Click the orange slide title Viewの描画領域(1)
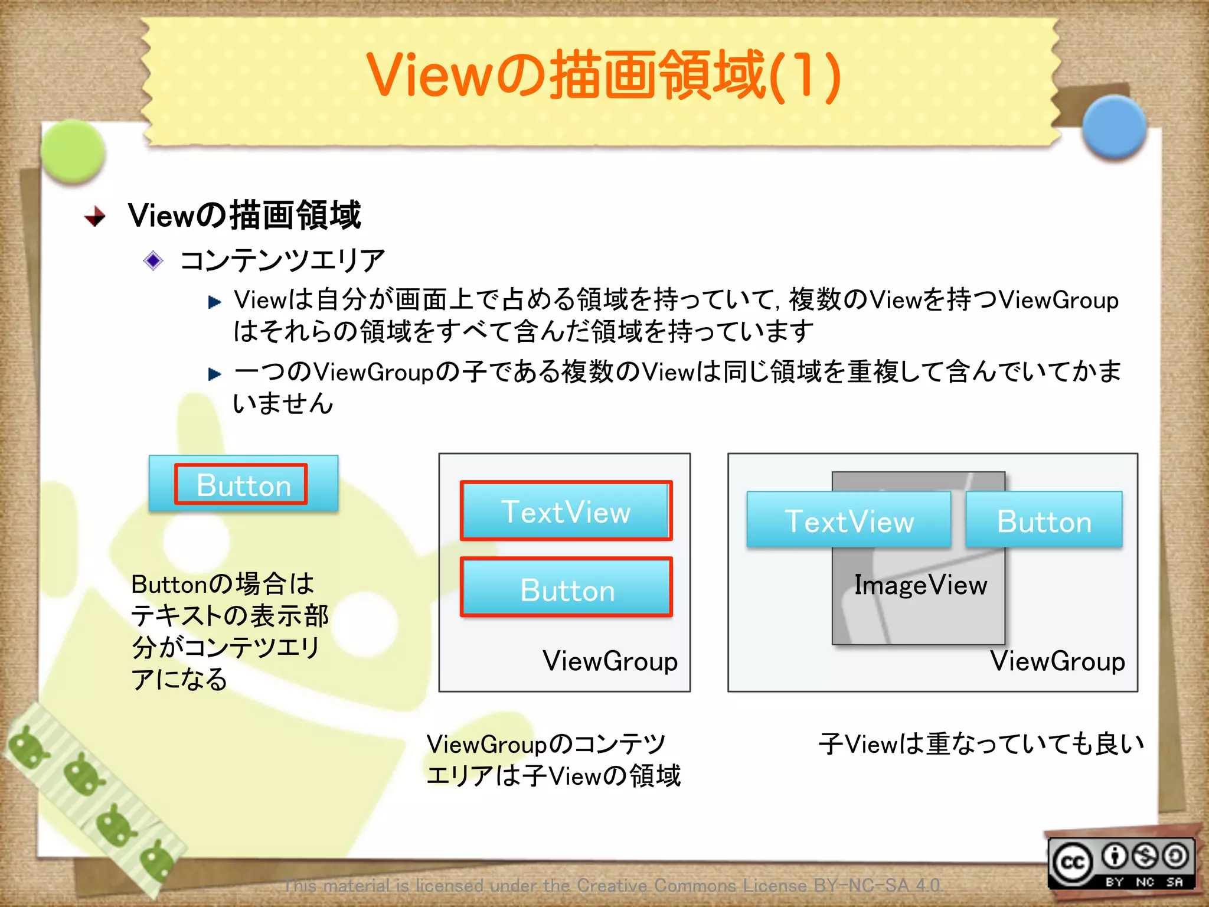603,76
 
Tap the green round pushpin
73,151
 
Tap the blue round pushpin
1114,126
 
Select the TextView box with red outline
566,511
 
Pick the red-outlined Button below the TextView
566,588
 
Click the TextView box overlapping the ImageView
848,520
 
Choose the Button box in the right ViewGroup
1044,520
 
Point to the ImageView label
920,585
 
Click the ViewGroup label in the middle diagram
610,661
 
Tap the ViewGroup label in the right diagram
1057,661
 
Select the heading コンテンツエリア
282,260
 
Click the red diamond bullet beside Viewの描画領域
95,216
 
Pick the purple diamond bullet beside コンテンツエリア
153,260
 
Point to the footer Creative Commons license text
612,885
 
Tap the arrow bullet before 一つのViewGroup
214,374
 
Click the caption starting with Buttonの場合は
229,631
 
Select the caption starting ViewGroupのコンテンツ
553,759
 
